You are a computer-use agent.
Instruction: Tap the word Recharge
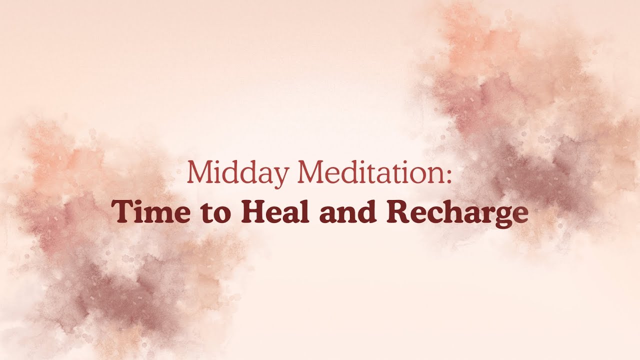click(457, 212)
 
